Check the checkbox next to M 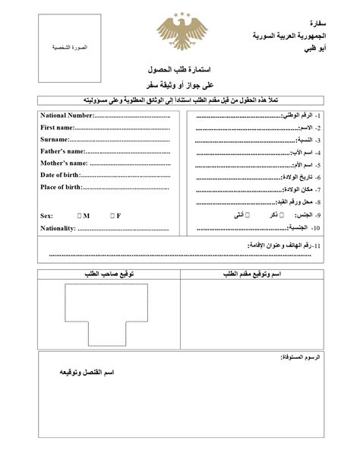pyautogui.click(x=79, y=216)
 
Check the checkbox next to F pyautogui.click(x=111, y=216)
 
